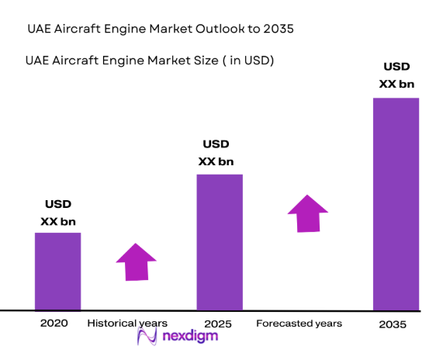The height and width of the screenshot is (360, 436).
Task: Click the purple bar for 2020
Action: [57, 272]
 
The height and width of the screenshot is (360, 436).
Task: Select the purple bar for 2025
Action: [220, 242]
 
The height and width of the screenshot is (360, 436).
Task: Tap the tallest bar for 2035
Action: [396, 204]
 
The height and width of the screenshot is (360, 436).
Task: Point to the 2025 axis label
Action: [218, 323]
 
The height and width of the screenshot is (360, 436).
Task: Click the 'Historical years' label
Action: [127, 323]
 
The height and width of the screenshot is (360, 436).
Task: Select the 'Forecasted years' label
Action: [299, 323]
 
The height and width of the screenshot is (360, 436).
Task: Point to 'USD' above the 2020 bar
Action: [57, 204]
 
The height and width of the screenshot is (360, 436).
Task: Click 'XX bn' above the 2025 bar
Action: [216, 161]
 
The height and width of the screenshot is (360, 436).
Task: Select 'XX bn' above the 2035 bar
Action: [396, 84]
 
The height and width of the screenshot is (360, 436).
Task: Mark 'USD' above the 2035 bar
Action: [396, 67]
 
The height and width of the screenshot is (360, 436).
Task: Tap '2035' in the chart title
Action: [278, 29]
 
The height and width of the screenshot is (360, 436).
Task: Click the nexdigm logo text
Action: [190, 337]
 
